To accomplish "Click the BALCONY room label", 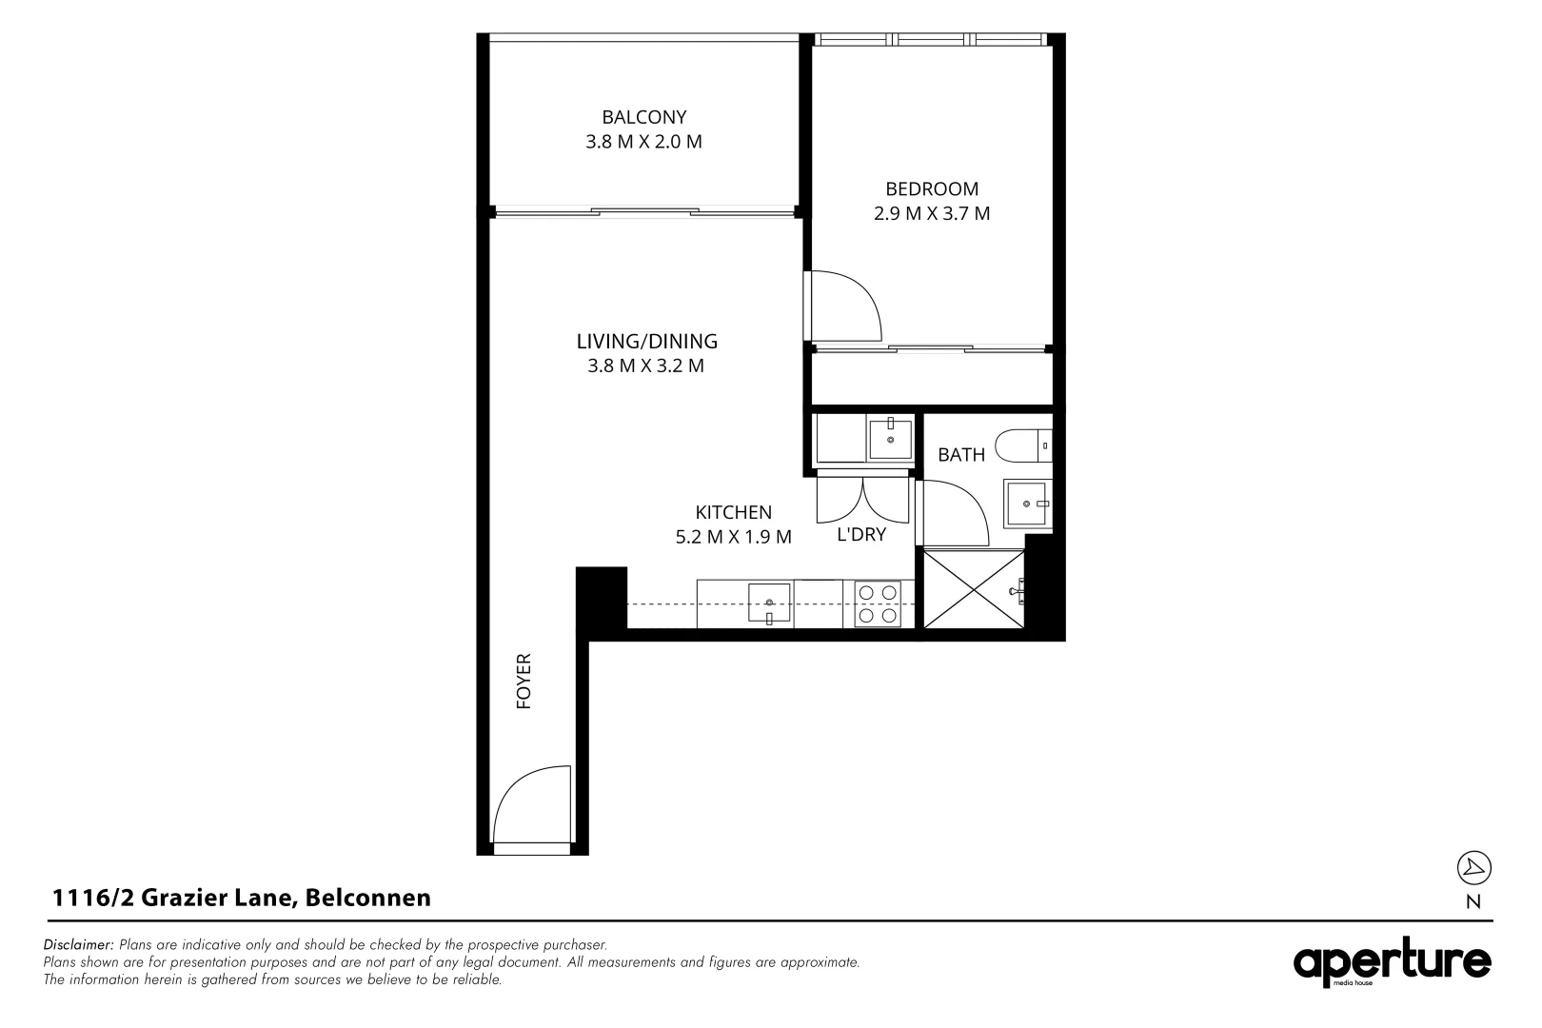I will click(x=643, y=117).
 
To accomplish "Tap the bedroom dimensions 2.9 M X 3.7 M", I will click(x=932, y=213).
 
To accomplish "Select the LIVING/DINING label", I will click(x=646, y=341).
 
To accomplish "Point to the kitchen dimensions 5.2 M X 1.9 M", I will click(x=733, y=537).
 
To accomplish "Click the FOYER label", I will click(x=523, y=681).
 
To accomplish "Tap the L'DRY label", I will click(x=860, y=535).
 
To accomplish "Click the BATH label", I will click(x=960, y=455).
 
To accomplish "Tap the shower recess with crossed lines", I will click(x=972, y=587).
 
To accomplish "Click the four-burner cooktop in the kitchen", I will click(x=878, y=603).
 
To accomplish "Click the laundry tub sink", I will click(x=890, y=438).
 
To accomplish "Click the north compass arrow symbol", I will click(x=1473, y=867).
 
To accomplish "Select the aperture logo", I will click(x=1392, y=963).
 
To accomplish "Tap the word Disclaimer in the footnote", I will click(x=78, y=945).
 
